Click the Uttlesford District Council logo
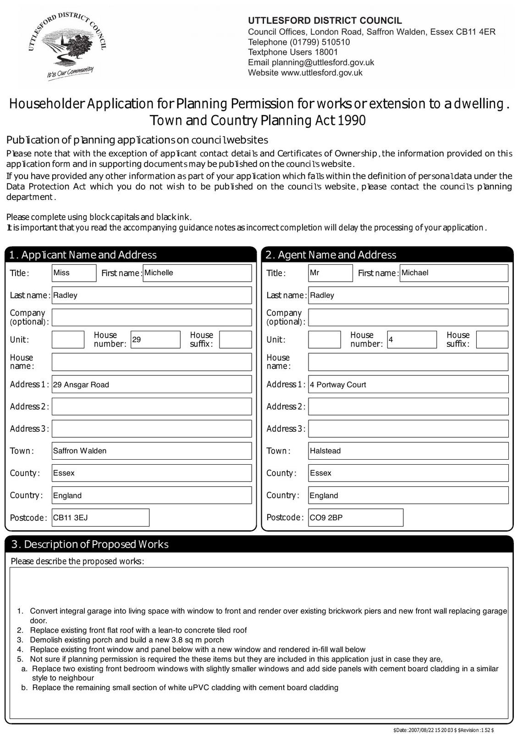(x=67, y=46)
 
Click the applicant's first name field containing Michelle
(x=197, y=273)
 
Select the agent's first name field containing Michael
(x=454, y=273)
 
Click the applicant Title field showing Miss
(x=74, y=273)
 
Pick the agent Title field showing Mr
(x=330, y=273)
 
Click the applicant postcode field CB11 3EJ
(x=100, y=517)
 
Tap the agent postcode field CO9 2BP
(x=356, y=517)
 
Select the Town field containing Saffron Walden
(x=152, y=451)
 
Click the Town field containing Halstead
(x=408, y=451)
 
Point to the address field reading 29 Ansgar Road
(x=152, y=384)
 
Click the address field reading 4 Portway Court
(x=408, y=384)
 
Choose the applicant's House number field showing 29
(x=155, y=339)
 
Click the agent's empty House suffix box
(x=492, y=339)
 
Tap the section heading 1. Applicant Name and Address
(x=83, y=255)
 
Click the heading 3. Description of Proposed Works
(x=90, y=545)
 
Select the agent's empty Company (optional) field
(x=408, y=317)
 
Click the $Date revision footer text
(x=443, y=730)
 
